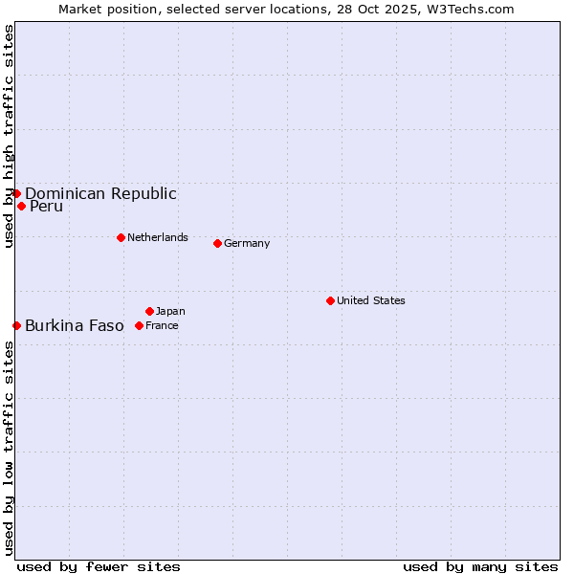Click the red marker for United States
tap(330, 300)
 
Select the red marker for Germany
tap(217, 243)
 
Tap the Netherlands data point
tap(121, 237)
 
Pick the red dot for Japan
tap(149, 311)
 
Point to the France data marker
tap(139, 325)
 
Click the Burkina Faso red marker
tap(16, 325)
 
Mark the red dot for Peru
tap(21, 206)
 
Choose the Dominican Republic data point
tap(16, 193)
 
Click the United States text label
tap(371, 300)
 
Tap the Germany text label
tap(247, 243)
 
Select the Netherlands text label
tap(158, 237)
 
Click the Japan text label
tap(170, 311)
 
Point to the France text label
tap(162, 325)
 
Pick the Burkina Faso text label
tap(75, 325)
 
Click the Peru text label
tap(46, 206)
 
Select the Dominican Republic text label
tap(100, 193)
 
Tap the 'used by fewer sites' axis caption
tap(99, 566)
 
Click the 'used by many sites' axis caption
tap(480, 566)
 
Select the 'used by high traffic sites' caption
tap(9, 136)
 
